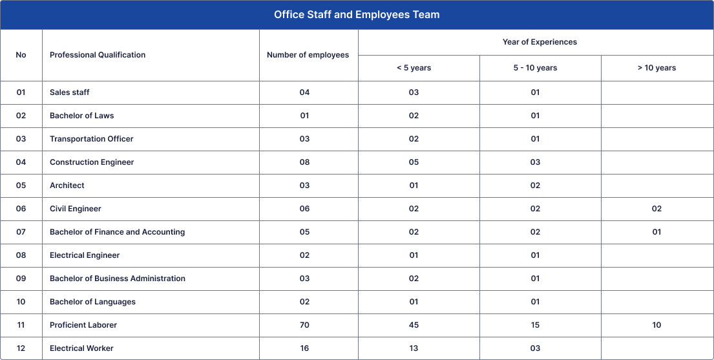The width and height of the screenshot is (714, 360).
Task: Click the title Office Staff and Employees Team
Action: (357, 15)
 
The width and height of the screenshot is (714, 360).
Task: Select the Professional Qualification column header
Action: (98, 55)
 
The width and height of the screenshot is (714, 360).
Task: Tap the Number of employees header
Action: (308, 55)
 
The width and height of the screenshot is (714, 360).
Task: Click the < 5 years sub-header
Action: (414, 68)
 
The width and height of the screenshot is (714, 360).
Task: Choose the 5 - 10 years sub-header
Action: (535, 68)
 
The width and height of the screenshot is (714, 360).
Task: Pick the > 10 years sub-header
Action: (656, 68)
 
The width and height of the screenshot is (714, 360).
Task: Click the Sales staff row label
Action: (70, 92)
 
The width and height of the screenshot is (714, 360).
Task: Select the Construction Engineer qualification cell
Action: (92, 162)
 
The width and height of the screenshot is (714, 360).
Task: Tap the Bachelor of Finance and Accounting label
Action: (117, 232)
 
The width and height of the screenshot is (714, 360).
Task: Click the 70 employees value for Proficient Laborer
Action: (304, 325)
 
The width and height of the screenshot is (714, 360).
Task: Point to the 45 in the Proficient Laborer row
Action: (414, 325)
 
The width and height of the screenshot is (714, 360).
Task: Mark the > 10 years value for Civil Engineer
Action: (656, 209)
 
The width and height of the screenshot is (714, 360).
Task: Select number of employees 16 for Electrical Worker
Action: (304, 348)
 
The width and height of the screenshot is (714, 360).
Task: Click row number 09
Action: (21, 279)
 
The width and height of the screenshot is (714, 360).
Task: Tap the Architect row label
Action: (67, 185)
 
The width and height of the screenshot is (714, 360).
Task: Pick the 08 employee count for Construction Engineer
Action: (304, 162)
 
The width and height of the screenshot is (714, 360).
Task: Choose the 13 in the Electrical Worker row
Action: (414, 348)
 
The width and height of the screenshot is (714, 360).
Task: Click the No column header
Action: (21, 55)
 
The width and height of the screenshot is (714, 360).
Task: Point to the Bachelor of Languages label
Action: (92, 302)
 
